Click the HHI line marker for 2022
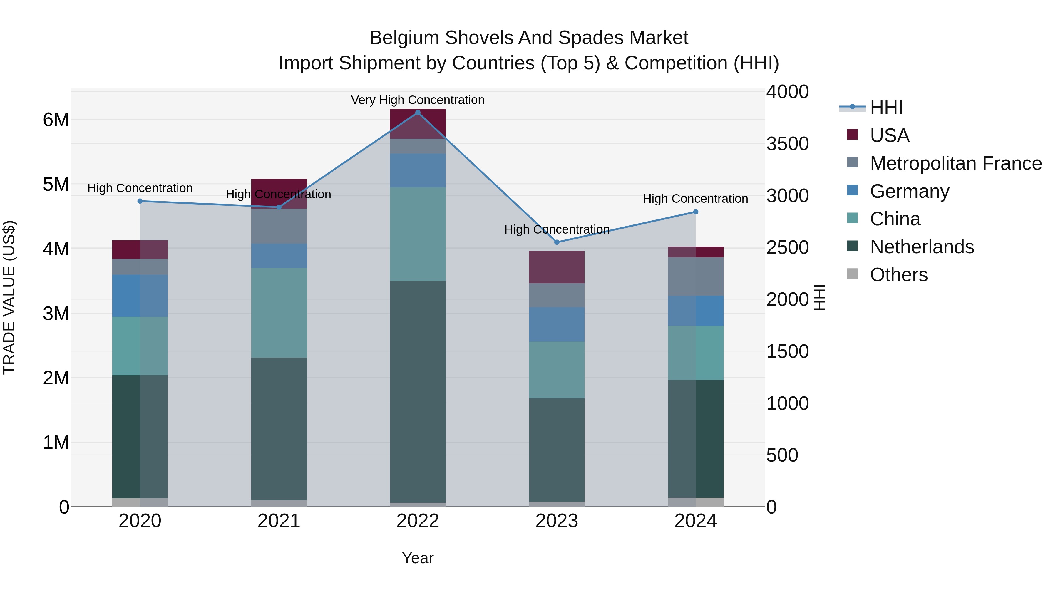418,113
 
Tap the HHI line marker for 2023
557,242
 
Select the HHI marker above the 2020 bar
140,201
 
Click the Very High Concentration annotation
417,100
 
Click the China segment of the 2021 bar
279,313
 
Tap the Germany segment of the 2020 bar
140,296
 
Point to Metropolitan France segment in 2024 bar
695,276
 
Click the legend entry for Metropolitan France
955,163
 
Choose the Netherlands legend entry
922,247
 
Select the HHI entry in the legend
886,108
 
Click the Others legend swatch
852,274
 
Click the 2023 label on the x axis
557,521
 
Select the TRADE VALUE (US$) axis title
9,297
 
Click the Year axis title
418,558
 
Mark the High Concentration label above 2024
695,199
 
